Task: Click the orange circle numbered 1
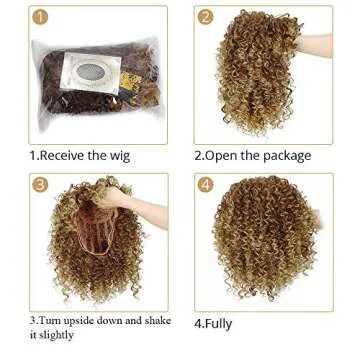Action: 41,18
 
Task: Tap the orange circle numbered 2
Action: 205,18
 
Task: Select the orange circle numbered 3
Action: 41,184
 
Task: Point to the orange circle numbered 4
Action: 205,185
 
